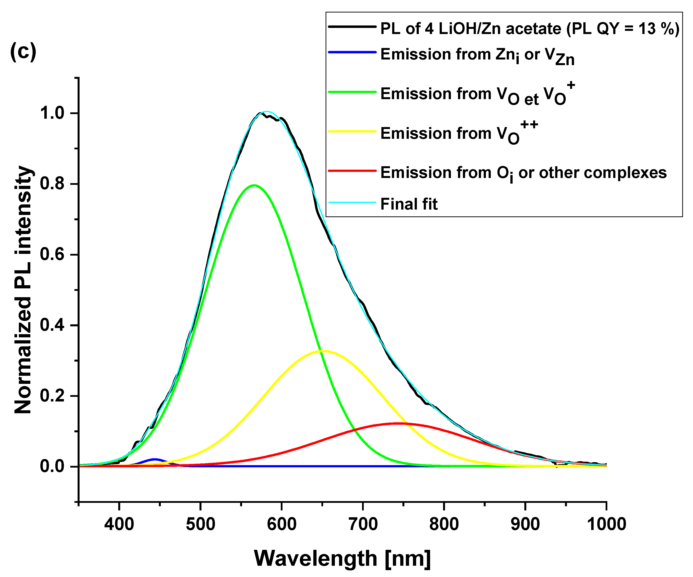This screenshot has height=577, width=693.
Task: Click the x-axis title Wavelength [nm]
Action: (x=342, y=558)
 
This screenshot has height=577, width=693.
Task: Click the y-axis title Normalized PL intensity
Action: (x=23, y=290)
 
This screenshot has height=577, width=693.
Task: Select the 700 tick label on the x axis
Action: (x=363, y=524)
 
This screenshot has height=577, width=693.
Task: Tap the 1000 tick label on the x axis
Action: (x=606, y=524)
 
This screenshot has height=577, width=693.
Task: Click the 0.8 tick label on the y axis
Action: (x=52, y=184)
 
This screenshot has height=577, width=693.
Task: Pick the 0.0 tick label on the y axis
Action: (x=52, y=466)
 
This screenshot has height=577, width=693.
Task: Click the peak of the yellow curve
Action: (x=325, y=351)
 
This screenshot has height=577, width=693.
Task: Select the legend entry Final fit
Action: (x=409, y=204)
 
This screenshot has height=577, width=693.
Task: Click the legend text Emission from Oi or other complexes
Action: (x=523, y=173)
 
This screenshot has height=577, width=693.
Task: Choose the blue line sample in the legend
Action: (x=352, y=52)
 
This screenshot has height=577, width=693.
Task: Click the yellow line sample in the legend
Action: (x=352, y=131)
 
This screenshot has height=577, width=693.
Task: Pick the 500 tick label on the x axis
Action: (x=200, y=524)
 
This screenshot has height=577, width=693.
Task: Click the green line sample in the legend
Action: (x=352, y=92)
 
